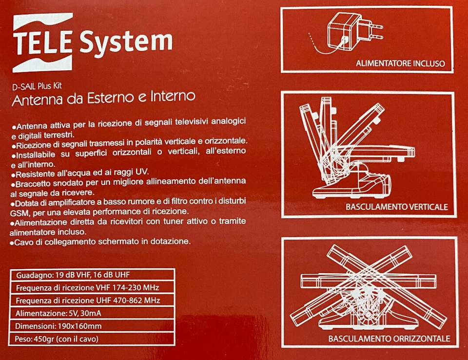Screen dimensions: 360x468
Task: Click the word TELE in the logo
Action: point(45,43)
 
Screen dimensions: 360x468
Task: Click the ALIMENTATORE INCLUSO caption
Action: point(400,63)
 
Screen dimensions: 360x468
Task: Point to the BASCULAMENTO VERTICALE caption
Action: point(396,207)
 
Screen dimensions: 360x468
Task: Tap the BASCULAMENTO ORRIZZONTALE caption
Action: point(389,339)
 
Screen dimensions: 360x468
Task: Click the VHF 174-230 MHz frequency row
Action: point(88,287)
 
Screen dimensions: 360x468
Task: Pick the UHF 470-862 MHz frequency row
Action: point(88,300)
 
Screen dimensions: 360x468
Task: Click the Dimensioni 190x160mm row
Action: point(58,326)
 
